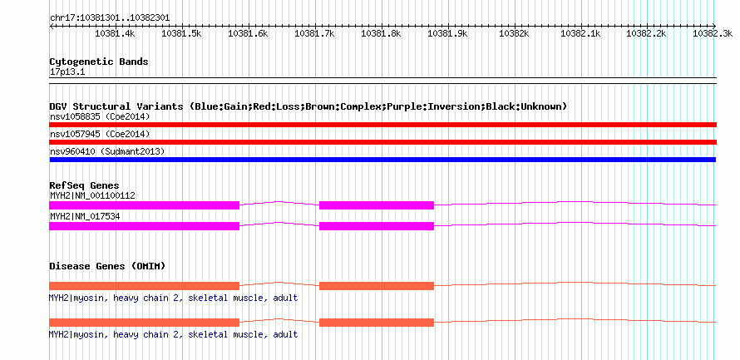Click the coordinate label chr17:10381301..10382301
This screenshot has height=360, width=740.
[x=110, y=17]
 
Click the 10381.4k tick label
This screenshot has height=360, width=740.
[x=115, y=34]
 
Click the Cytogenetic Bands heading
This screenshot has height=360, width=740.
[x=99, y=62]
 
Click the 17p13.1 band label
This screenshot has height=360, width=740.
[x=67, y=72]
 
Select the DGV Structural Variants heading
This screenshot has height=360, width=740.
[x=308, y=106]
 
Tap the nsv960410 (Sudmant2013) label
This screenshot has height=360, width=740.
[x=107, y=151]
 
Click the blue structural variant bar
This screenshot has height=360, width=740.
[x=382, y=160]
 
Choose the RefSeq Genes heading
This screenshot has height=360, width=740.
[x=84, y=185]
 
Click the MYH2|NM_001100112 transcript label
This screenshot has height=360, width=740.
[x=92, y=195]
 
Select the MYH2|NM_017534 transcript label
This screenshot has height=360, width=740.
[x=86, y=216]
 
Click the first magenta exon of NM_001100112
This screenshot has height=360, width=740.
[x=145, y=205]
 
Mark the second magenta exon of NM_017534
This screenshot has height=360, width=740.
[x=376, y=225]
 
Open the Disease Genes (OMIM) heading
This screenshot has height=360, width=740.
[x=107, y=266]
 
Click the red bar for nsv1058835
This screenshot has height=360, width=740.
[x=382, y=125]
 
